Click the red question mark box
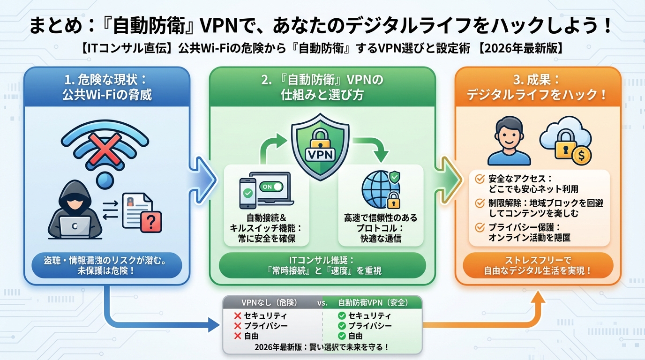pyautogui.click(x=150, y=221)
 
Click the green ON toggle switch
pyautogui.click(x=272, y=186)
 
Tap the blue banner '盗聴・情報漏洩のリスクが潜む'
pyautogui.click(x=106, y=265)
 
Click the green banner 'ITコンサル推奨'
pyautogui.click(x=322, y=265)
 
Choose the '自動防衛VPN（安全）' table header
pyautogui.click(x=373, y=303)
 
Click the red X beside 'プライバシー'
pyautogui.click(x=237, y=326)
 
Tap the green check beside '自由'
pyautogui.click(x=342, y=336)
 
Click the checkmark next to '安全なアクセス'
pyautogui.click(x=480, y=179)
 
